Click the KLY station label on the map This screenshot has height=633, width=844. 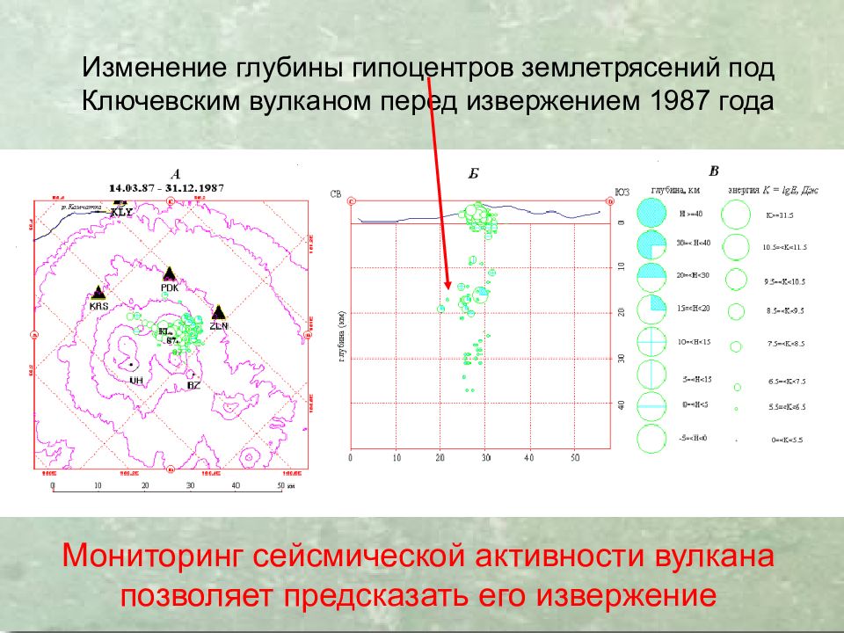[121, 213]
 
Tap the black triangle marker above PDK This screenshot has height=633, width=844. [170, 273]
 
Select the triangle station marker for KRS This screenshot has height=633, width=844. [98, 293]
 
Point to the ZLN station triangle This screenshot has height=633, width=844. [218, 311]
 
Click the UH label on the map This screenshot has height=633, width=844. [135, 380]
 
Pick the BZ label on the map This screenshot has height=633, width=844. [194, 385]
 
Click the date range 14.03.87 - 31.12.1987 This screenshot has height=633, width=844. [165, 188]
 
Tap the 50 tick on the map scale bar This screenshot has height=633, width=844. [280, 485]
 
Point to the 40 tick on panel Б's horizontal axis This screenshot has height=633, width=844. [529, 457]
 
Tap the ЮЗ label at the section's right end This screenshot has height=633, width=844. [622, 193]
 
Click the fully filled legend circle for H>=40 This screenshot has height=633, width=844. [651, 214]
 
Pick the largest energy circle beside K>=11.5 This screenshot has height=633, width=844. [736, 214]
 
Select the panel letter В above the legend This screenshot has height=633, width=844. [714, 171]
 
